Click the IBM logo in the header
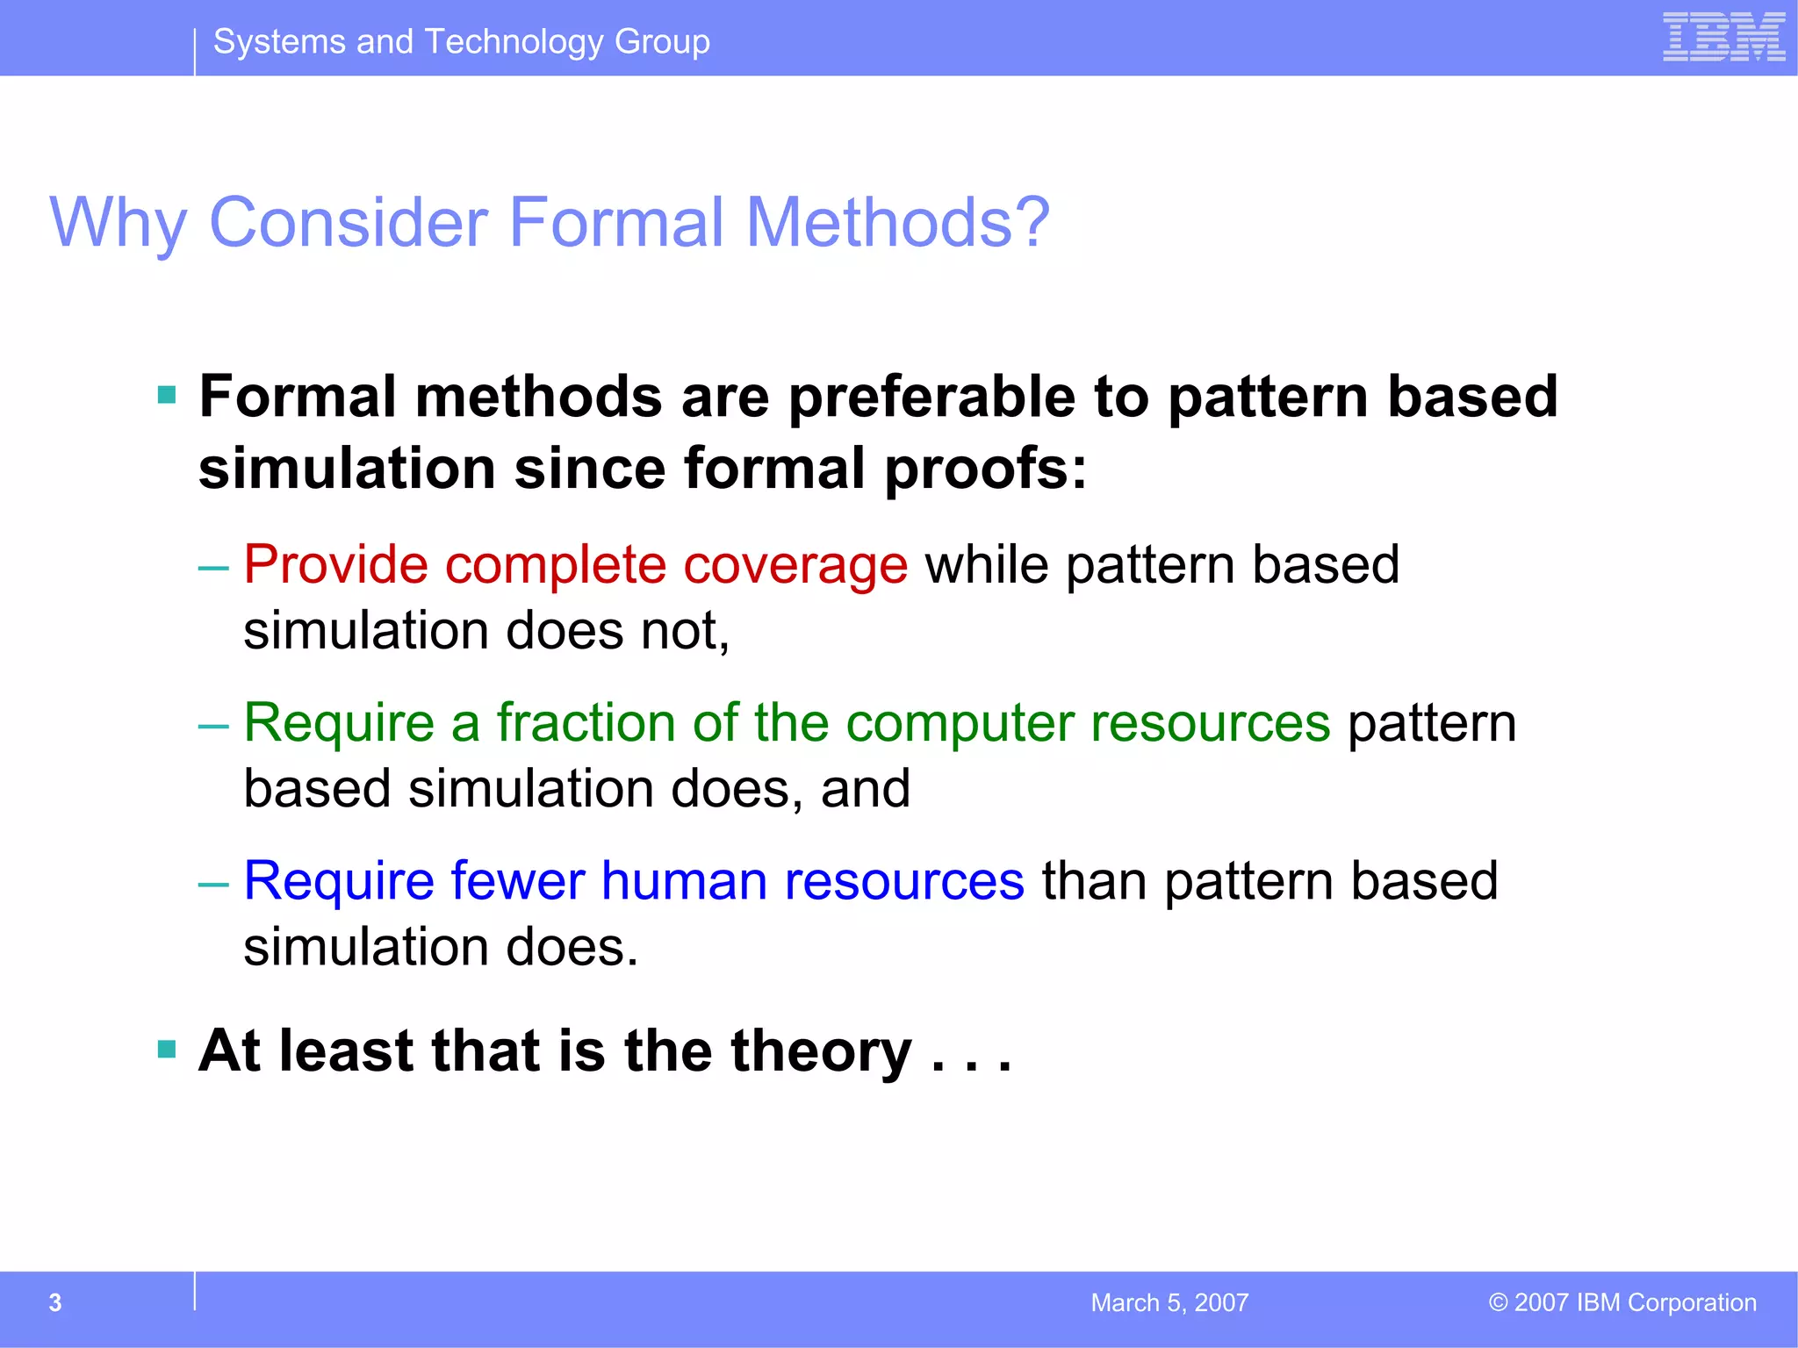(1723, 38)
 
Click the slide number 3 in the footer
(55, 1302)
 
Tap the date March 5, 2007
(1169, 1302)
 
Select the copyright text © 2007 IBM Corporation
(1622, 1302)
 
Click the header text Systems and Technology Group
(461, 41)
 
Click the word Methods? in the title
(897, 222)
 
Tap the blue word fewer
(517, 880)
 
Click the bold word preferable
(931, 398)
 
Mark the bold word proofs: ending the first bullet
(985, 470)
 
